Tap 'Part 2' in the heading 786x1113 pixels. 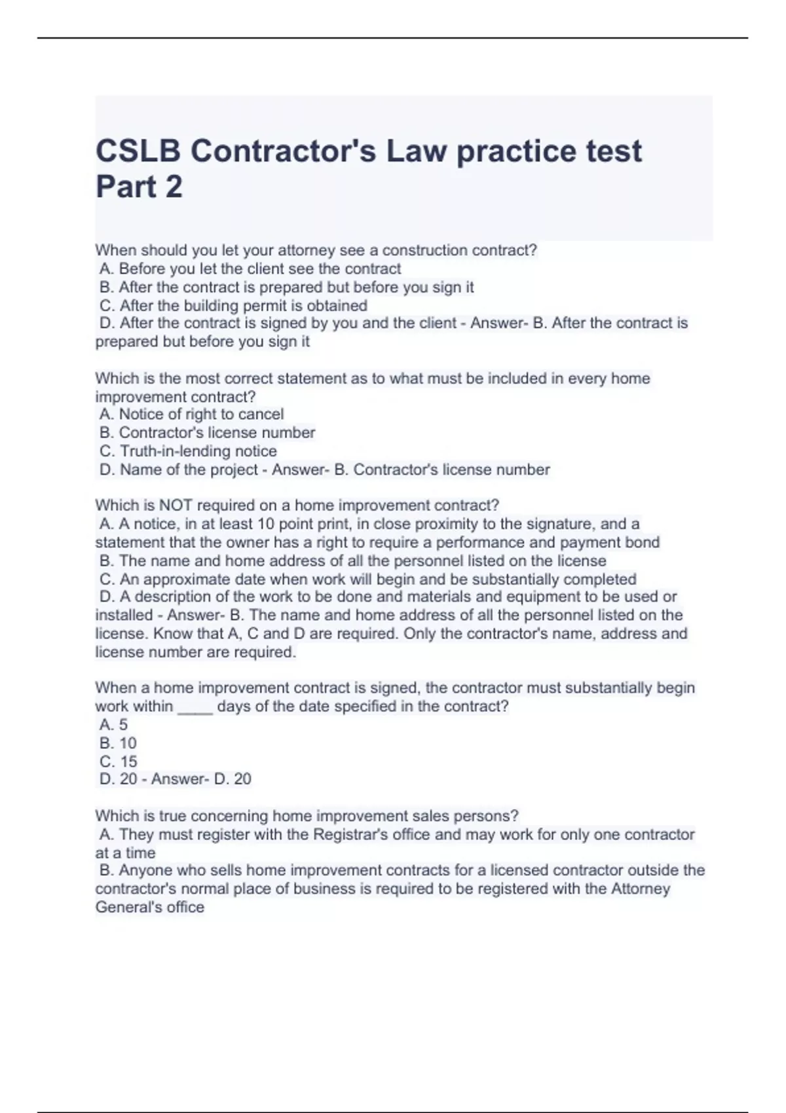pyautogui.click(x=139, y=187)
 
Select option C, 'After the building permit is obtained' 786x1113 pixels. pyautogui.click(x=234, y=306)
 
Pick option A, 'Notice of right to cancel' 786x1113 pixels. pyautogui.click(x=192, y=414)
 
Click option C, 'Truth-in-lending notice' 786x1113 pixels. pyautogui.click(x=189, y=451)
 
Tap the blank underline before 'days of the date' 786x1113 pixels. pyautogui.click(x=195, y=707)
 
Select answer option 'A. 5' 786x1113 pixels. pyautogui.click(x=114, y=725)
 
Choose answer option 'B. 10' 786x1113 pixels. pyautogui.click(x=119, y=743)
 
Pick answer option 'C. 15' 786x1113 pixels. pyautogui.click(x=119, y=761)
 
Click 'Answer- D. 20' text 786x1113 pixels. pyautogui.click(x=201, y=779)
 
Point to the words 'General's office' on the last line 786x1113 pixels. pyautogui.click(x=150, y=907)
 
